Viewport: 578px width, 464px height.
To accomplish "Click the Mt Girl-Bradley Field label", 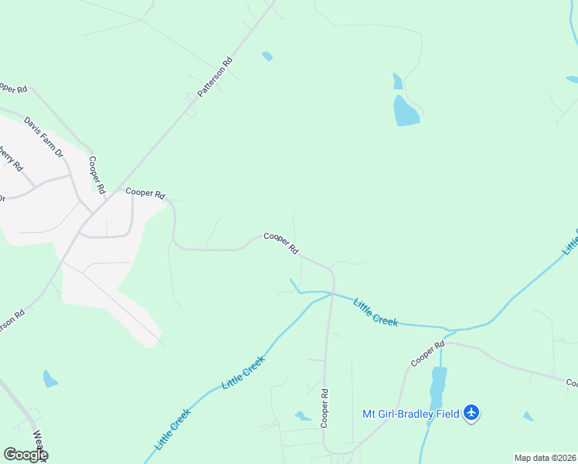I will (x=411, y=413).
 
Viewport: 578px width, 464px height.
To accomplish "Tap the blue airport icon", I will (x=471, y=413).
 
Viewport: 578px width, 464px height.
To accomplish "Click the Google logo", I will (x=25, y=455).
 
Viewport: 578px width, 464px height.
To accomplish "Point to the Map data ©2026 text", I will (x=544, y=458).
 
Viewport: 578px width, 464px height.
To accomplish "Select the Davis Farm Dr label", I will (x=43, y=137).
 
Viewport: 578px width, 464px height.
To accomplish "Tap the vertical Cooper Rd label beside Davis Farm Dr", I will (x=97, y=175).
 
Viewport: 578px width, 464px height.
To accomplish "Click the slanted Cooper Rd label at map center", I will (x=281, y=243).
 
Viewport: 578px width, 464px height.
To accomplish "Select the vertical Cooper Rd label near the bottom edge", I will (x=325, y=408).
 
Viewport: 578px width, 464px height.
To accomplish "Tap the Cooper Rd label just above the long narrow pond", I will (x=427, y=353).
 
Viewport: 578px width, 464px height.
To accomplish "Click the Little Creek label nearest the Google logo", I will (x=172, y=429).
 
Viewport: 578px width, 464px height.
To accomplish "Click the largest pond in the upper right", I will (x=406, y=111).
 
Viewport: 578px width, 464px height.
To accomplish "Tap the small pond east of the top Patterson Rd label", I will (x=267, y=56).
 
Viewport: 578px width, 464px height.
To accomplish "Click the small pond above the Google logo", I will (x=50, y=379).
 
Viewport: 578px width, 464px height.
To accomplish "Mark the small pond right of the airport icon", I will (x=528, y=416).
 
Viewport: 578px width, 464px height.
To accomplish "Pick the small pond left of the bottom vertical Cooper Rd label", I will (x=303, y=416).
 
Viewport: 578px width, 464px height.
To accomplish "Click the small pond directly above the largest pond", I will (x=397, y=81).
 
